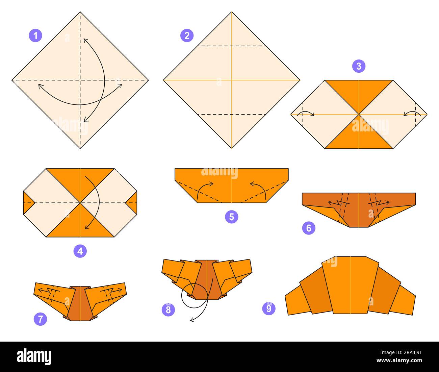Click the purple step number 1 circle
tap(35, 35)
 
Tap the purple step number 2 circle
tap(187, 35)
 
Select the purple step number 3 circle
tap(359, 66)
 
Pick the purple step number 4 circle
tap(80, 251)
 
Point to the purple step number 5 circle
tap(231, 217)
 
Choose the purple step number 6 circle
tap(309, 228)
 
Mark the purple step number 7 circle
tap(41, 319)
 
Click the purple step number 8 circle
tap(168, 309)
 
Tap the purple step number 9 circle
tap(269, 308)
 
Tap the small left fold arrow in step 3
tap(307, 113)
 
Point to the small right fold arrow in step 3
tap(411, 113)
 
